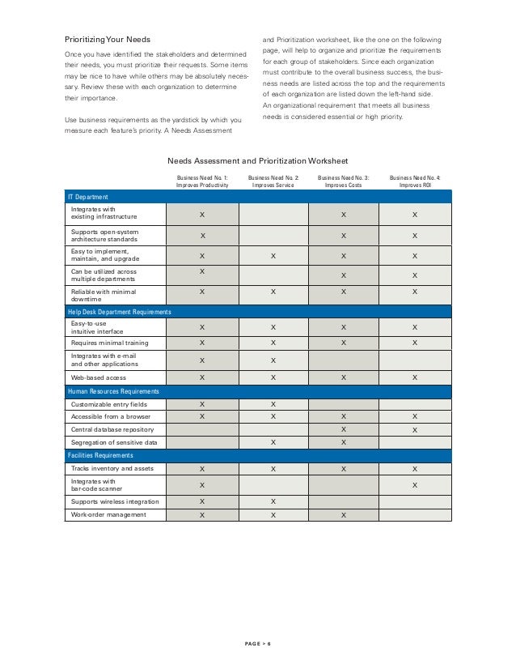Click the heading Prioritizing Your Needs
[108, 40]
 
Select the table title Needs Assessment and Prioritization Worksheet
[257, 160]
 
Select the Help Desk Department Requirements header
[119, 311]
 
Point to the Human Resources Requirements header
[112, 391]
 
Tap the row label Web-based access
[99, 377]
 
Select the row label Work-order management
[108, 514]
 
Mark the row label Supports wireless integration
[115, 501]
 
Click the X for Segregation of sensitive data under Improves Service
[273, 442]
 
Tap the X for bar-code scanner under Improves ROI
[415, 485]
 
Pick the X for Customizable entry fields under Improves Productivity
[202, 403]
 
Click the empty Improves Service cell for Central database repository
[273, 429]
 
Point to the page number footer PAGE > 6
[258, 644]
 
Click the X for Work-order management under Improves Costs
[344, 514]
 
